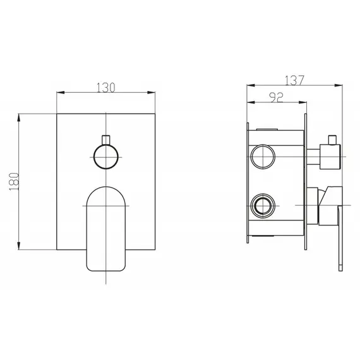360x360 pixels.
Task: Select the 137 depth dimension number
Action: (294, 81)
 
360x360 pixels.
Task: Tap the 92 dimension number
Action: (275, 98)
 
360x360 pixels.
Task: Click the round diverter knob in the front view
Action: (105, 155)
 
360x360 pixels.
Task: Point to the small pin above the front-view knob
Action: (105, 138)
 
